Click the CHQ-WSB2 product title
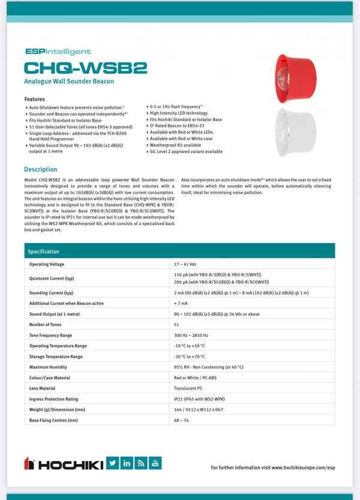pos(85,67)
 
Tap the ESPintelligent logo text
pos(58,52)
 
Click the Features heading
pos(34,99)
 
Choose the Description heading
pos(41,169)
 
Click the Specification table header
pos(44,252)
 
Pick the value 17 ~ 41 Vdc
pos(186,264)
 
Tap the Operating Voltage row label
pos(47,264)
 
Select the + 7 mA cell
pos(181,303)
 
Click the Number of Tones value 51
pos(176,324)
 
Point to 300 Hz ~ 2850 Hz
pos(191,335)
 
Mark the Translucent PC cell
pos(188,388)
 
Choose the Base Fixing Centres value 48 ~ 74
pos(181,420)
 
